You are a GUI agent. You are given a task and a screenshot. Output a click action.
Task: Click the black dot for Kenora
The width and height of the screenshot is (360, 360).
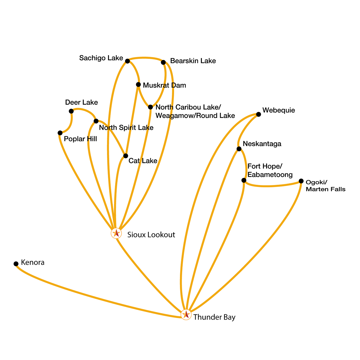tap(16, 264)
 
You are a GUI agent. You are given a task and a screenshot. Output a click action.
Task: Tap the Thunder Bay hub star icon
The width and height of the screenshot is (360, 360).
tap(186, 314)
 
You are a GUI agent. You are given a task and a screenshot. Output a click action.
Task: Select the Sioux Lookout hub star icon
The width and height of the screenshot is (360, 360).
tap(116, 233)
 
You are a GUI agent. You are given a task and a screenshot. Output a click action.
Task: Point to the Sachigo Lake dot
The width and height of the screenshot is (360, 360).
tap(127, 61)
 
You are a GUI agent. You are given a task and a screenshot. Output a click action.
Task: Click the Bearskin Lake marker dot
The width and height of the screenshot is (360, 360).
tap(163, 62)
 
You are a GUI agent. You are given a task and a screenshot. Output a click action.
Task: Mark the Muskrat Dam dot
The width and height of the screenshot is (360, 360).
tap(138, 85)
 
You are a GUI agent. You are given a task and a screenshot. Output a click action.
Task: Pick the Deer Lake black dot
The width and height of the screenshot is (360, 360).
tap(71, 111)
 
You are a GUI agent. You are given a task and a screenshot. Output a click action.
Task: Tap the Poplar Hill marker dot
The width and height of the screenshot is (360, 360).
tap(60, 133)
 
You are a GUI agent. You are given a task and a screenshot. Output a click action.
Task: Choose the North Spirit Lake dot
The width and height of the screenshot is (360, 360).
tap(96, 121)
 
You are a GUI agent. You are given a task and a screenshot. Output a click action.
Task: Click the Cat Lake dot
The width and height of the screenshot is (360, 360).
tap(126, 156)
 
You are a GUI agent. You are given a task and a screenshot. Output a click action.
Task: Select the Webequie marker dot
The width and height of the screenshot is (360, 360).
tap(258, 114)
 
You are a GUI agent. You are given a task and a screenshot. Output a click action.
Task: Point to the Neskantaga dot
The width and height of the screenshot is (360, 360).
tap(239, 149)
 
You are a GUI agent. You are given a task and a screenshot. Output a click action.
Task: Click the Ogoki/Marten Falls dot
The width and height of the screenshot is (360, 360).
tap(301, 181)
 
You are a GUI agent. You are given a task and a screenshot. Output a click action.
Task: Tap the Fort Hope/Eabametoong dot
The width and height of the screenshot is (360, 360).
tap(244, 180)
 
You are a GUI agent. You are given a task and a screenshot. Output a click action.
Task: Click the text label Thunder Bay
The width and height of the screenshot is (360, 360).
tap(214, 317)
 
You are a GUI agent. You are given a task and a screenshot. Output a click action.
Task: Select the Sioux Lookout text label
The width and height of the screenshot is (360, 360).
tap(151, 235)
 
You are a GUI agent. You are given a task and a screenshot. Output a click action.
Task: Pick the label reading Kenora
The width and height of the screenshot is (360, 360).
tap(33, 262)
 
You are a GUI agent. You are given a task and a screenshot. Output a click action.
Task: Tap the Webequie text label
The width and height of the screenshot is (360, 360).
tap(278, 110)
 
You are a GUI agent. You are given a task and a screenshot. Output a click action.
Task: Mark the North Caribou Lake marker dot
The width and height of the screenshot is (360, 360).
tap(150, 107)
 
